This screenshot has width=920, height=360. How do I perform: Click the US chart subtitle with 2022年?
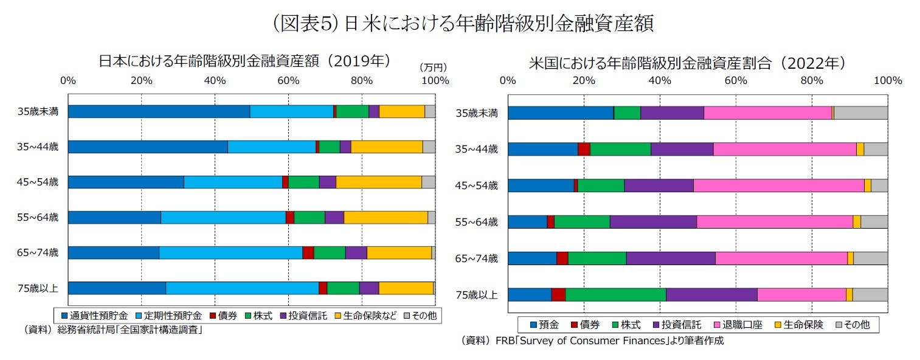687,63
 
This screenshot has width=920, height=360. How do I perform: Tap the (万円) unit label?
433,67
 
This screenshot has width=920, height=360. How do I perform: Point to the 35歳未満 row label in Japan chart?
38,111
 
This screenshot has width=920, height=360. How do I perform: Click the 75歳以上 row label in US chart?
477,296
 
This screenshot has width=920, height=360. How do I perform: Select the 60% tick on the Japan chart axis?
288,80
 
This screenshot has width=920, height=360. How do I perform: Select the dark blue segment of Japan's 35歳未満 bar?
159,111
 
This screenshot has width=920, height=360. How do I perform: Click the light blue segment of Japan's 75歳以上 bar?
242,288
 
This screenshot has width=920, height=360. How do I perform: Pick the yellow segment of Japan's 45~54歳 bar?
378,182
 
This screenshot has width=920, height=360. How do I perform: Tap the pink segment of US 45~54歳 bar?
778,185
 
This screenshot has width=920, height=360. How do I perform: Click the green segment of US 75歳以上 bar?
615,294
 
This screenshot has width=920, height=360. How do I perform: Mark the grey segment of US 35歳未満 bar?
860,112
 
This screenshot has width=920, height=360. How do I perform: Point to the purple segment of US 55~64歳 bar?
653,222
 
